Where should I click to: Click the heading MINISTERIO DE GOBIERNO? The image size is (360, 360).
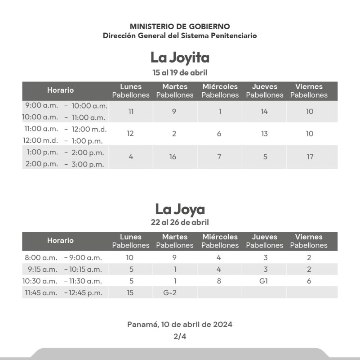pyautogui.click(x=180, y=27)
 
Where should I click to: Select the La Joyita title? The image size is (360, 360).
pyautogui.click(x=180, y=58)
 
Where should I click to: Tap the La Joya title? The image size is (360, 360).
pyautogui.click(x=180, y=209)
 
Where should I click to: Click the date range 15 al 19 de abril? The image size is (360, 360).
pyautogui.click(x=180, y=72)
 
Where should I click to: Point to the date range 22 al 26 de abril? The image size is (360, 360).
pyautogui.click(x=180, y=222)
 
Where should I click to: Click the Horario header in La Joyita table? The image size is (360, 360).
pyautogui.click(x=60, y=90)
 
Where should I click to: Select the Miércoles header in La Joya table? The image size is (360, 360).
pyautogui.click(x=220, y=237)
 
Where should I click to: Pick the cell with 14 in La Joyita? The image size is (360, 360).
pyautogui.click(x=264, y=112)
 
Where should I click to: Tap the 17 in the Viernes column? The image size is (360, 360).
pyautogui.click(x=310, y=157)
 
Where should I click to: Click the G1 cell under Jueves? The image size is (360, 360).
pyautogui.click(x=264, y=281)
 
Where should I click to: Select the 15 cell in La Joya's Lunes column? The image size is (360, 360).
pyautogui.click(x=130, y=292)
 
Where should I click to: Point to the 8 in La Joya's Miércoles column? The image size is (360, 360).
pyautogui.click(x=219, y=281)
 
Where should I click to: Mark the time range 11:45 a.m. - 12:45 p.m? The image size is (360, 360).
pyautogui.click(x=63, y=292)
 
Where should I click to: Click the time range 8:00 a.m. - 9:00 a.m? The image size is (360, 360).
pyautogui.click(x=63, y=258)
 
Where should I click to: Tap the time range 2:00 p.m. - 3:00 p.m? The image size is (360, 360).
pyautogui.click(x=65, y=164)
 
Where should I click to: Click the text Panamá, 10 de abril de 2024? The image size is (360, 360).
pyautogui.click(x=180, y=324)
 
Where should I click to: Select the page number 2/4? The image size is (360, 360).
pyautogui.click(x=180, y=337)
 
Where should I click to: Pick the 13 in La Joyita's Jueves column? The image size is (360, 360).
pyautogui.click(x=264, y=134)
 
